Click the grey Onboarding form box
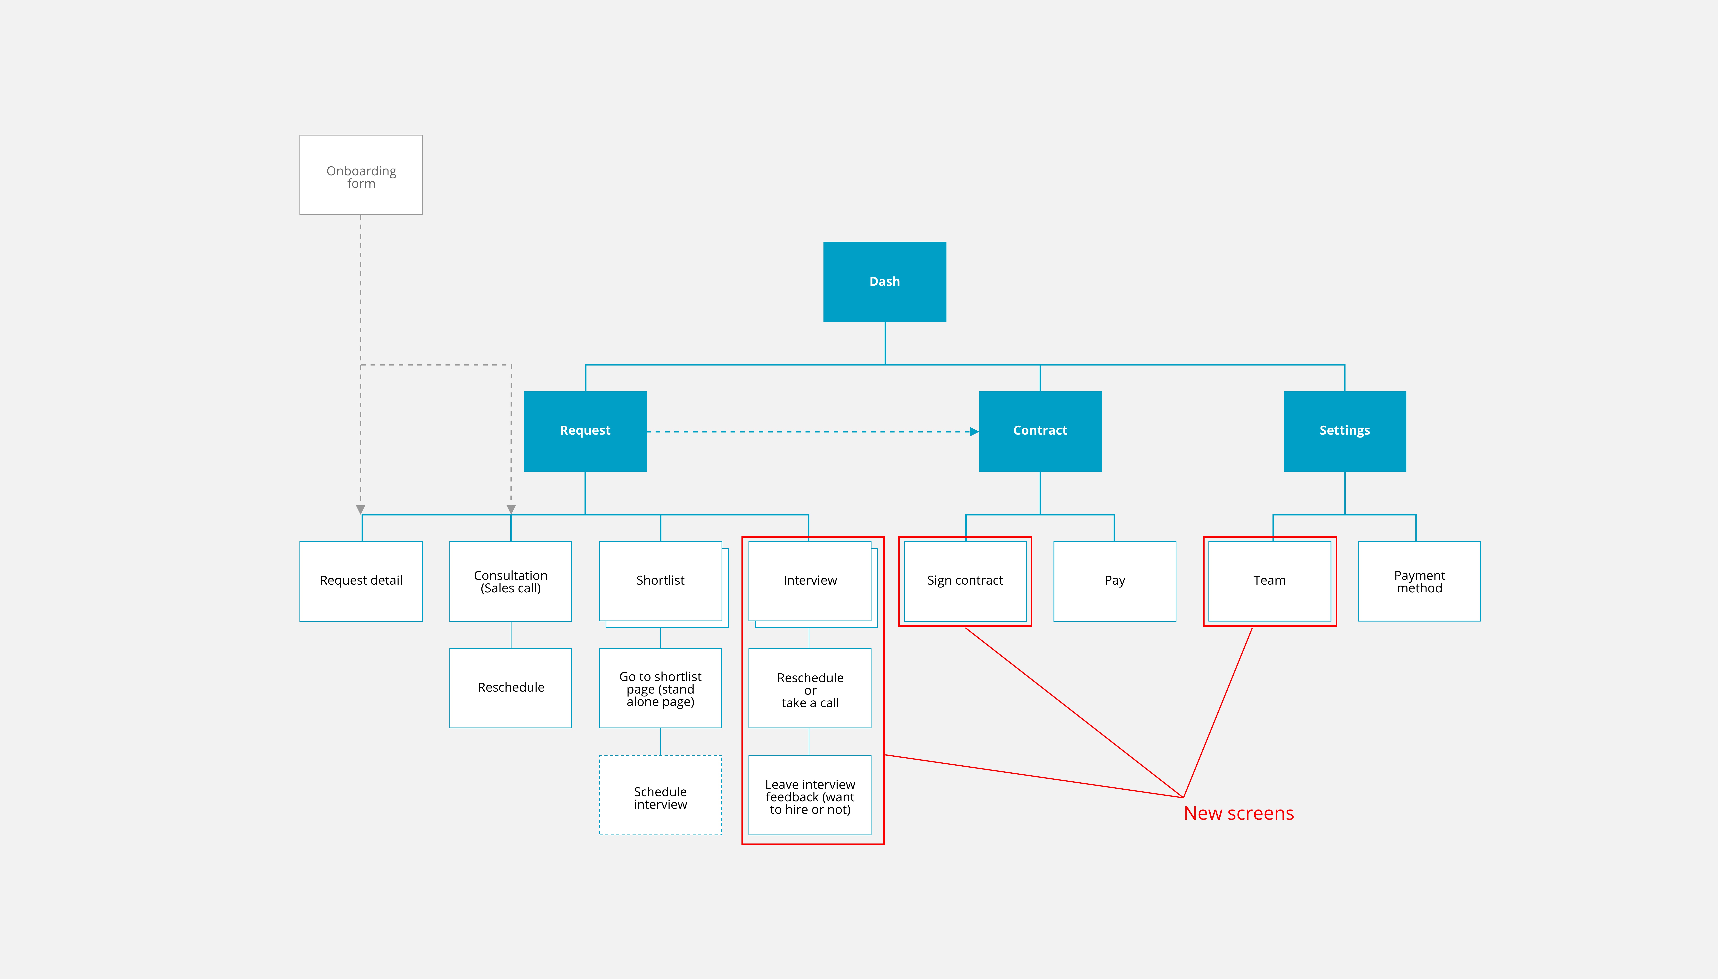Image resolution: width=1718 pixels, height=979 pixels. pos(361,175)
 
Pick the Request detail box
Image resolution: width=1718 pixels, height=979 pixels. pos(361,581)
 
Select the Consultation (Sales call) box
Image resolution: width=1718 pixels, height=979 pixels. pos(511,581)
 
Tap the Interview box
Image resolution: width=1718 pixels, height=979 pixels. pos(810,581)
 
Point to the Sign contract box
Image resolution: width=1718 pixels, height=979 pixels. pos(965,581)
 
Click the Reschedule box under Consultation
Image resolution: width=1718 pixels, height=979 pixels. pos(511,688)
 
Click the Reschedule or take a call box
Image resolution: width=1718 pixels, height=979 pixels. pos(810,688)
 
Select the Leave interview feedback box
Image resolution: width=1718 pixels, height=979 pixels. pos(810,795)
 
